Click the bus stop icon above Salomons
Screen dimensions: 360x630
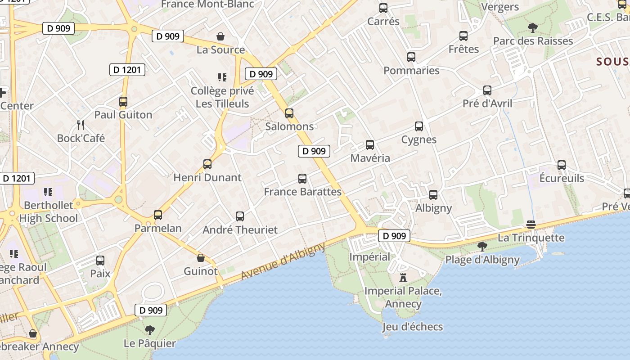pyautogui.click(x=289, y=113)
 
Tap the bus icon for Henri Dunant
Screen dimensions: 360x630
pyautogui.click(x=207, y=164)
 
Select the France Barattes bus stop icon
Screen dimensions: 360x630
pyautogui.click(x=302, y=179)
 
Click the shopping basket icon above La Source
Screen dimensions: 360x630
pyautogui.click(x=220, y=36)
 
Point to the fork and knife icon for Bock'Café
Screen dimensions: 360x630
pyautogui.click(x=81, y=125)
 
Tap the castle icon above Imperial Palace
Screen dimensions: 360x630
pyautogui.click(x=403, y=277)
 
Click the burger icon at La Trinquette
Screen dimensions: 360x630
pyautogui.click(x=531, y=225)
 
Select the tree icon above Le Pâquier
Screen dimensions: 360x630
pyautogui.click(x=150, y=330)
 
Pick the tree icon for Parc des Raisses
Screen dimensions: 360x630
pyautogui.click(x=532, y=28)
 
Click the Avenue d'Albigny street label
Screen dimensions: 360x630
pyautogui.click(x=283, y=261)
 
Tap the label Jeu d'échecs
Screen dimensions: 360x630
pyautogui.click(x=413, y=327)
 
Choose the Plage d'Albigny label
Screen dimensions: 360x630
pyautogui.click(x=482, y=260)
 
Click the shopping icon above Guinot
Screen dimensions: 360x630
pyautogui.click(x=201, y=258)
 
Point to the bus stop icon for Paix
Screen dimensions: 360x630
pyautogui.click(x=100, y=260)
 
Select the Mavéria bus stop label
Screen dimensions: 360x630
pyautogui.click(x=370, y=158)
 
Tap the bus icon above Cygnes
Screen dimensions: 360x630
pyautogui.click(x=419, y=126)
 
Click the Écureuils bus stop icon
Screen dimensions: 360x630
pyautogui.click(x=562, y=165)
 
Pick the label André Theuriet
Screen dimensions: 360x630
pyautogui.click(x=240, y=229)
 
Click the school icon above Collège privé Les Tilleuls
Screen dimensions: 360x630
pyautogui.click(x=222, y=77)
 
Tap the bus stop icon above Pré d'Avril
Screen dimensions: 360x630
pyautogui.click(x=487, y=90)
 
